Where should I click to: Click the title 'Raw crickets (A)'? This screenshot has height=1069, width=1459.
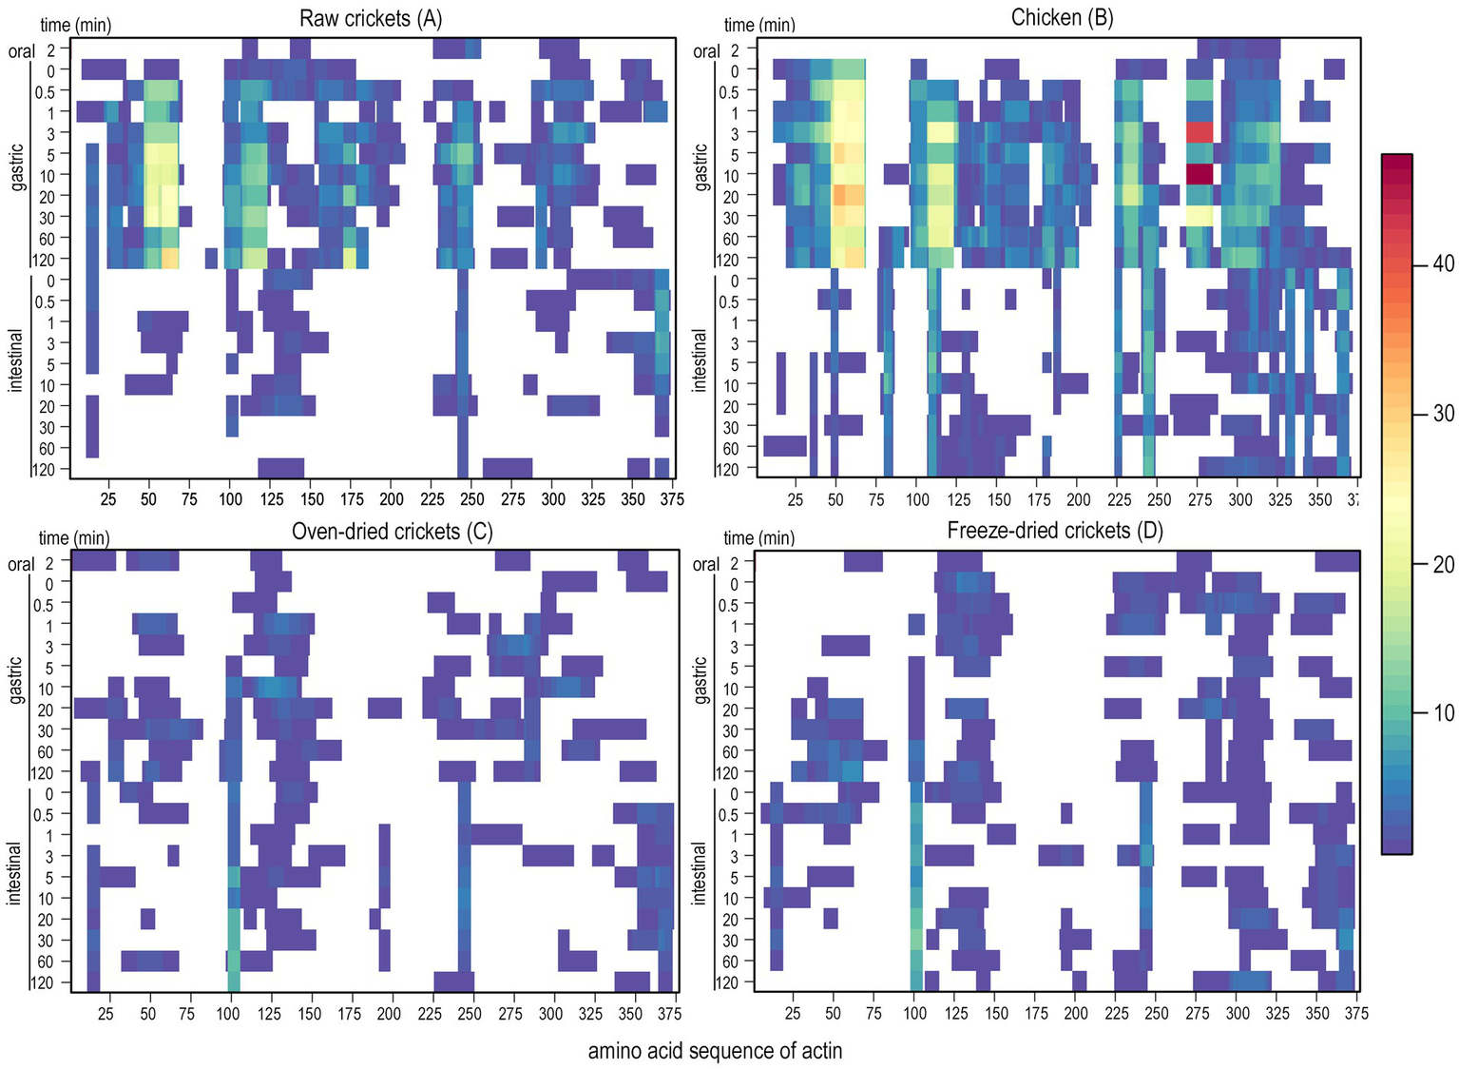click(x=371, y=18)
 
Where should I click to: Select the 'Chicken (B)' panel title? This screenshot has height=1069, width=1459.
click(x=1062, y=18)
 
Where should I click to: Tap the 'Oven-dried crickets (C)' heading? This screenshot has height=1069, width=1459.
click(x=392, y=532)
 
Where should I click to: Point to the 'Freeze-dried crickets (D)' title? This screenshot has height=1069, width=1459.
click(x=1055, y=531)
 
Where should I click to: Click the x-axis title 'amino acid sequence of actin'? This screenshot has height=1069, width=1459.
click(x=715, y=1051)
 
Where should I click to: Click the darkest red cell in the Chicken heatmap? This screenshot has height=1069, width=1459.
click(x=1200, y=174)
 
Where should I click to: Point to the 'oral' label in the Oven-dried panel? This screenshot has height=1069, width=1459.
click(x=21, y=565)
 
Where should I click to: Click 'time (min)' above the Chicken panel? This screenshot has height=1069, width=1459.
click(x=759, y=25)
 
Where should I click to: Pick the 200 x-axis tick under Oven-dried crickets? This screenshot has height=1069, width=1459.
click(x=389, y=1014)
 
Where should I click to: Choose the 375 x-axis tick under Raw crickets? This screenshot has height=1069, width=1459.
click(x=672, y=499)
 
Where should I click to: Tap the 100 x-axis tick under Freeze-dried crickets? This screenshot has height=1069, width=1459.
click(x=914, y=1014)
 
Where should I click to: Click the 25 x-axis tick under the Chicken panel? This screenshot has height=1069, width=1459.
click(x=796, y=499)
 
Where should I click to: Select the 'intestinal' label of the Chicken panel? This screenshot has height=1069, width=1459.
click(x=701, y=360)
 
